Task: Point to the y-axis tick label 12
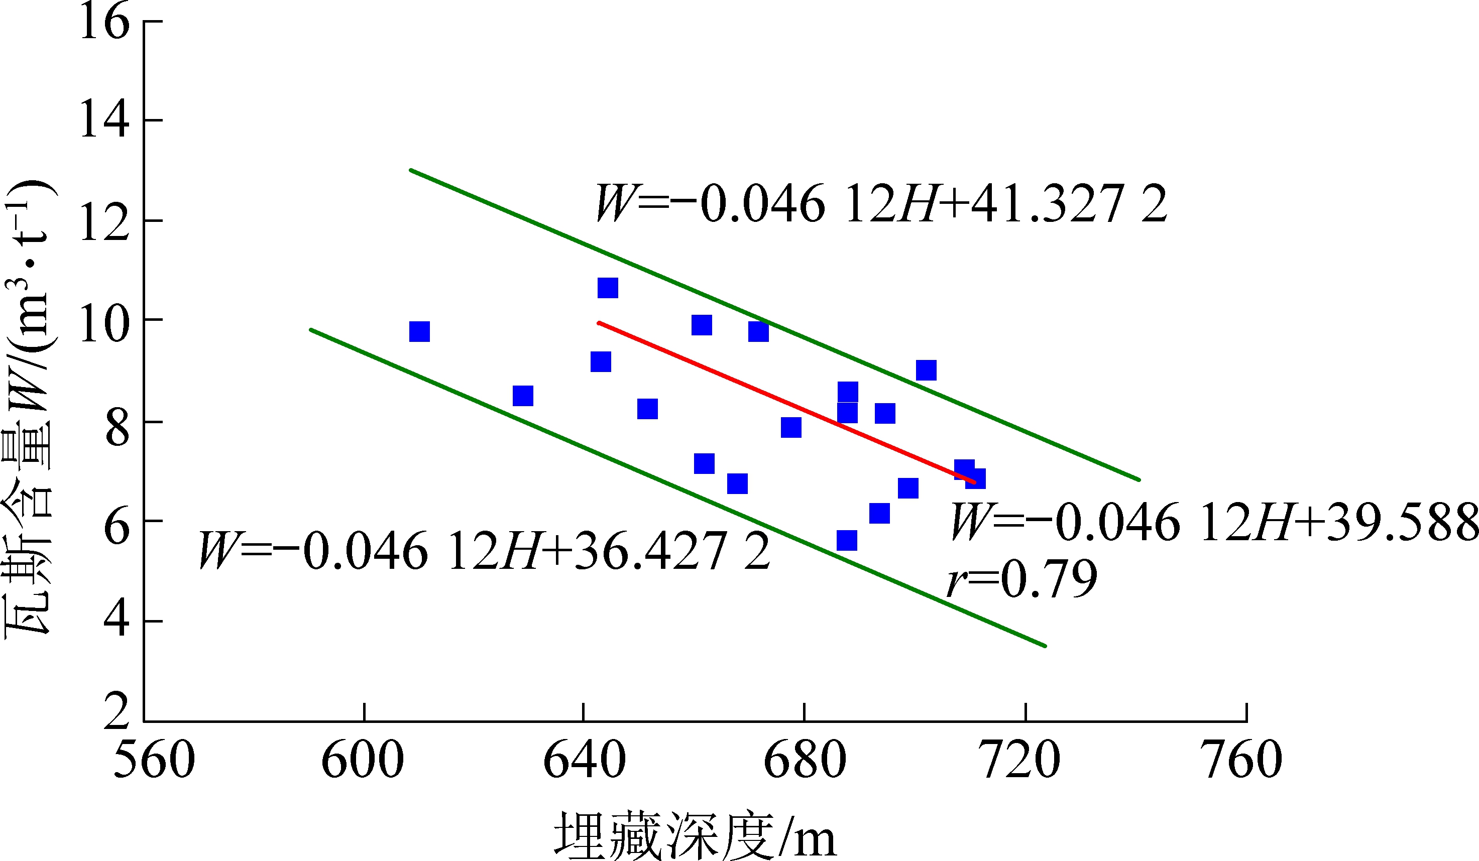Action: [x=104, y=223]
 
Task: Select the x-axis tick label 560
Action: [x=154, y=760]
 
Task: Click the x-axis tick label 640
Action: [x=584, y=760]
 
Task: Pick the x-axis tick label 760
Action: [x=1244, y=760]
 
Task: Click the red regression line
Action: [x=786, y=402]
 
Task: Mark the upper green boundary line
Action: [x=775, y=325]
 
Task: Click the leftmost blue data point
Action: [x=419, y=331]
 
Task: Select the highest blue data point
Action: [x=608, y=288]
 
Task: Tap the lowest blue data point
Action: [x=846, y=540]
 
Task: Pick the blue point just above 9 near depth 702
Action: [x=926, y=370]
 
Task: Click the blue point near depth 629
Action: [x=522, y=396]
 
